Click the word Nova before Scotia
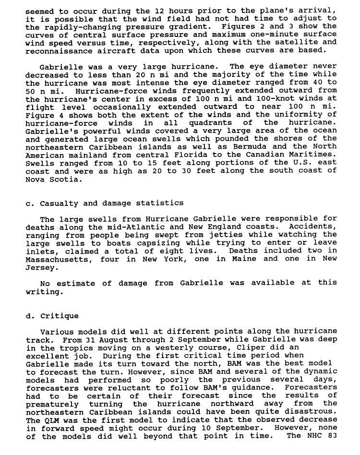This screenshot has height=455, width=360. pos(35,179)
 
